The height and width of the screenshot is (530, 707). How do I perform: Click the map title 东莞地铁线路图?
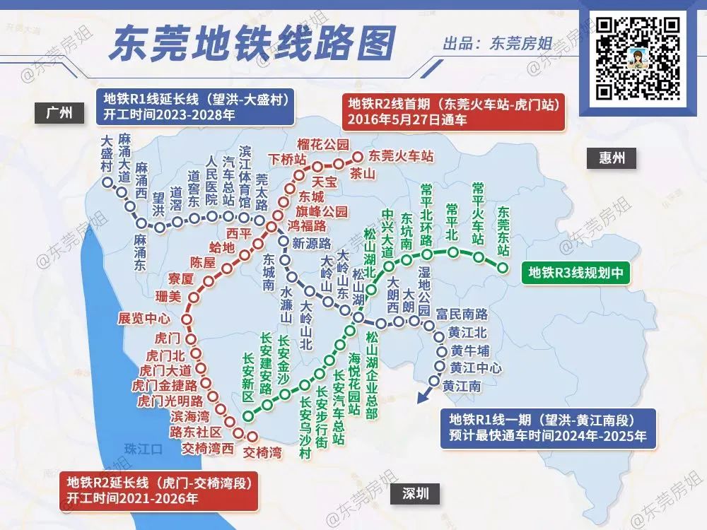(252, 44)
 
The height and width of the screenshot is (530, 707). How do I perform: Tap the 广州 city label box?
(58, 113)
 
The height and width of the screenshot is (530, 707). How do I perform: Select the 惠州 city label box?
(610, 158)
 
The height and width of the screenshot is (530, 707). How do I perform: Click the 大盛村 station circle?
(107, 183)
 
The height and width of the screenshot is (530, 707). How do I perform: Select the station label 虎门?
(169, 338)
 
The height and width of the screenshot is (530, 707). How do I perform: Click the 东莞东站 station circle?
(503, 267)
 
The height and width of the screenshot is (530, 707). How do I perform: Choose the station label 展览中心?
(144, 318)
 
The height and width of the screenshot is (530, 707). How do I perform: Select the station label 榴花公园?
(323, 145)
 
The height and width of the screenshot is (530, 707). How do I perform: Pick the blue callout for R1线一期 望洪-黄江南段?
(547, 427)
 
